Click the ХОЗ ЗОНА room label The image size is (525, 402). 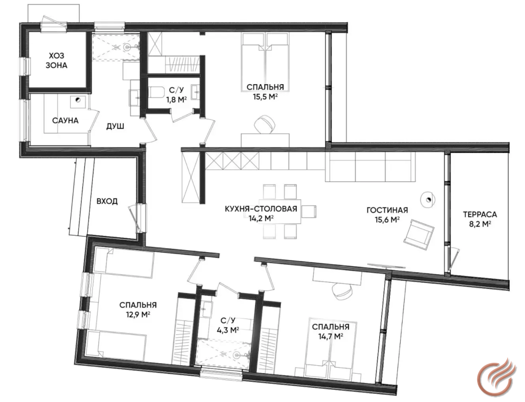[56, 60]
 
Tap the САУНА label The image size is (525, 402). [65, 121]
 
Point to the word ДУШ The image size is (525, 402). [115, 126]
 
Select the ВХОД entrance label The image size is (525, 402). [107, 201]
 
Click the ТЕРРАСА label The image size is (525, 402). [480, 214]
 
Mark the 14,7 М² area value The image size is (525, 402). [330, 336]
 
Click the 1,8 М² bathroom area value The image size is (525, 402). [176, 99]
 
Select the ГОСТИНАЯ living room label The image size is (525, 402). [387, 210]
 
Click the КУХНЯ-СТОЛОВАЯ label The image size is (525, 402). [261, 209]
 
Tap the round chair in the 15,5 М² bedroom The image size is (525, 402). [265, 125]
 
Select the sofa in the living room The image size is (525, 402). [370, 167]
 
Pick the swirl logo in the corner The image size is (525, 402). [495, 376]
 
